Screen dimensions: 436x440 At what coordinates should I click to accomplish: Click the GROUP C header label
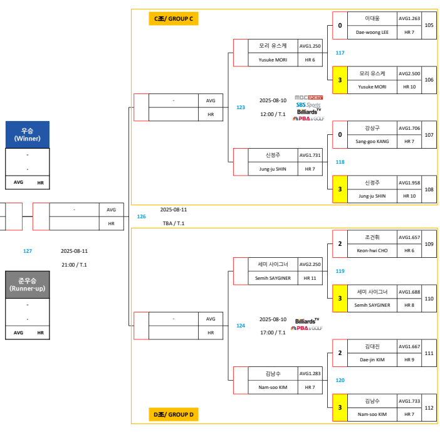tap(174, 19)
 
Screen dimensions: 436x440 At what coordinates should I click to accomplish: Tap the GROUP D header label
tap(174, 414)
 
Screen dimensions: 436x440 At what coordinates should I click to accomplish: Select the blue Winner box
tap(27, 134)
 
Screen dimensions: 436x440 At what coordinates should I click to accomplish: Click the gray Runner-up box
tap(27, 285)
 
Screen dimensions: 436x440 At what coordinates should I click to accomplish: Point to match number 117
tap(340, 53)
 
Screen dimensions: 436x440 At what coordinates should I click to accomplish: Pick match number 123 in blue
tap(241, 107)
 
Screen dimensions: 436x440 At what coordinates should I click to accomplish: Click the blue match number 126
tap(142, 216)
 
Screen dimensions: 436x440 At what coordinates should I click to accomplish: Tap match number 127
tap(28, 251)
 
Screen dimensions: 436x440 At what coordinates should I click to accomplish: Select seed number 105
tap(429, 25)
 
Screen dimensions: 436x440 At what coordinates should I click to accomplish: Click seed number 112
tap(429, 408)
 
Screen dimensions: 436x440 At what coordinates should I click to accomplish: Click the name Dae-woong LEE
tap(372, 32)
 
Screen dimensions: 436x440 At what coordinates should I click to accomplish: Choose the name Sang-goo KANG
tap(372, 141)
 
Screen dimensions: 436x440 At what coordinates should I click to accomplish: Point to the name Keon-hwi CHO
tap(372, 250)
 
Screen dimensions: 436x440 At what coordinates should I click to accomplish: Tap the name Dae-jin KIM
tap(372, 359)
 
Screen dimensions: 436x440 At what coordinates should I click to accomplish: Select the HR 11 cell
tap(310, 278)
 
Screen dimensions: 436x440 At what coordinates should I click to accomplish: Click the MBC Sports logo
tap(308, 97)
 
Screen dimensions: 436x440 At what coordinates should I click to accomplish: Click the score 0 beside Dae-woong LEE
tap(340, 26)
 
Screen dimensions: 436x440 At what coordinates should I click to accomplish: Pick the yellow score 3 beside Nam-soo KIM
tap(340, 408)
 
